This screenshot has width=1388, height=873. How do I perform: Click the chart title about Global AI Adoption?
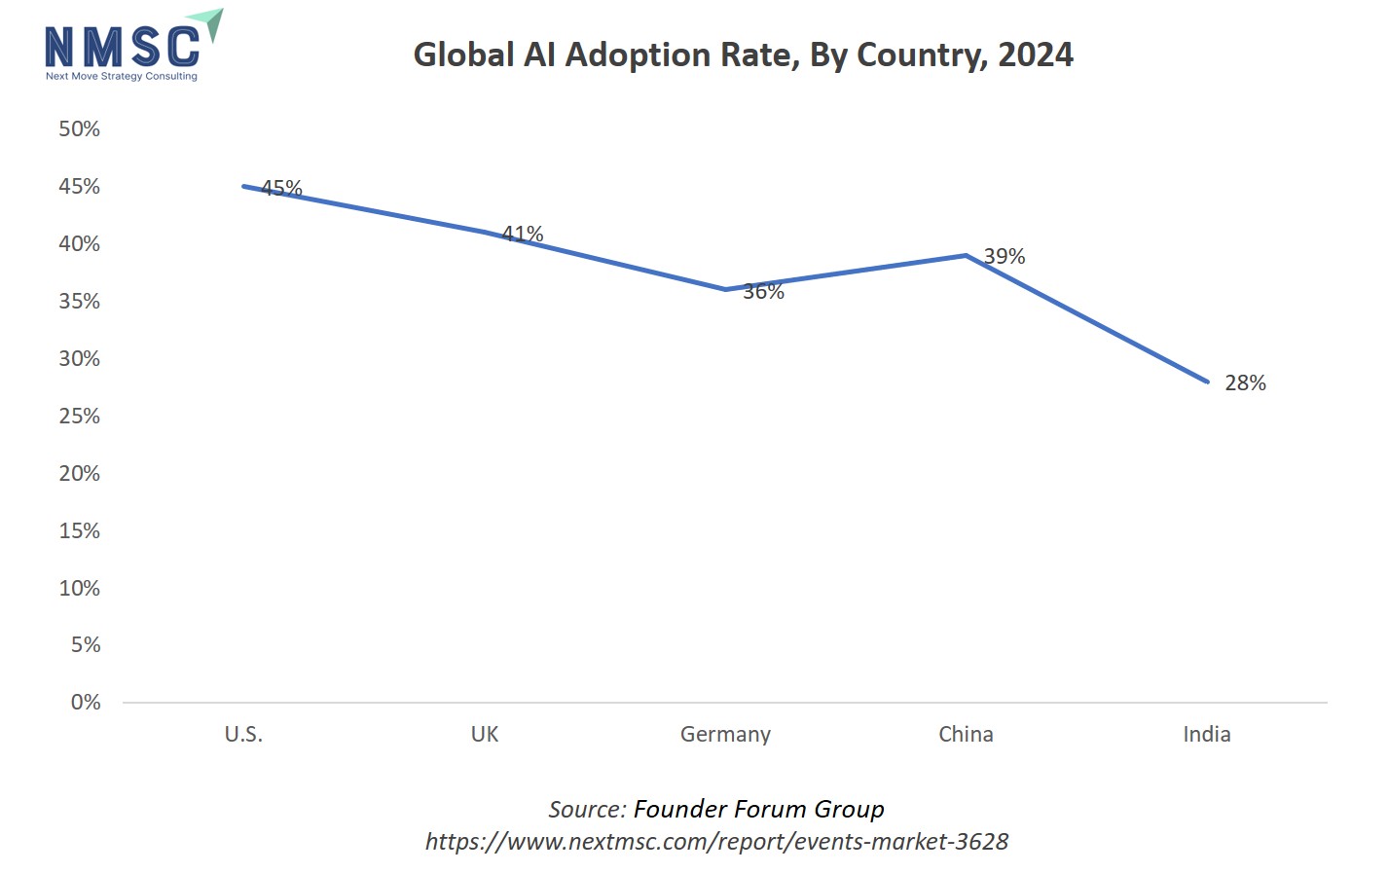pyautogui.click(x=743, y=55)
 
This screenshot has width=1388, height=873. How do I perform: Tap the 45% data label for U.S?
pyautogui.click(x=282, y=188)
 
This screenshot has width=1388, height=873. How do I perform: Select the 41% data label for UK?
pyautogui.click(x=523, y=234)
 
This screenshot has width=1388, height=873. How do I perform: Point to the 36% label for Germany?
pyautogui.click(x=763, y=291)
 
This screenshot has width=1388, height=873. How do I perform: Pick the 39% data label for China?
pyautogui.click(x=1004, y=256)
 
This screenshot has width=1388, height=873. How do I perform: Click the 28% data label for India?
pyautogui.click(x=1245, y=382)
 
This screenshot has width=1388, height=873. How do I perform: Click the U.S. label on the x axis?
pyautogui.click(x=243, y=734)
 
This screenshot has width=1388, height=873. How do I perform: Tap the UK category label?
pyautogui.click(x=485, y=734)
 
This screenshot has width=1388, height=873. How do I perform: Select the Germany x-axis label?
pyautogui.click(x=725, y=734)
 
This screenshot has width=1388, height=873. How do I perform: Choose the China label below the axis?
pyautogui.click(x=966, y=734)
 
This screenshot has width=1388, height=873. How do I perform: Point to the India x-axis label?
pyautogui.click(x=1207, y=734)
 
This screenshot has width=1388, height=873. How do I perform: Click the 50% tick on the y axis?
pyautogui.click(x=79, y=128)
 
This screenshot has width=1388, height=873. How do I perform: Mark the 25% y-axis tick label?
pyautogui.click(x=79, y=416)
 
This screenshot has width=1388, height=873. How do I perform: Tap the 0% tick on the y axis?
pyautogui.click(x=85, y=702)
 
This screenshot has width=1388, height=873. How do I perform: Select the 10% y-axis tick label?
pyautogui.click(x=79, y=588)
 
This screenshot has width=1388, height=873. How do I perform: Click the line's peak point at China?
pyautogui.click(x=966, y=256)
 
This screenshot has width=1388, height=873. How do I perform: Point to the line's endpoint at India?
pyautogui.click(x=1207, y=382)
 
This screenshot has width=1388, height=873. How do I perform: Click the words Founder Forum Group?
pyautogui.click(x=758, y=809)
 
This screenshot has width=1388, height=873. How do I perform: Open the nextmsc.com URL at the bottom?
pyautogui.click(x=716, y=841)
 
